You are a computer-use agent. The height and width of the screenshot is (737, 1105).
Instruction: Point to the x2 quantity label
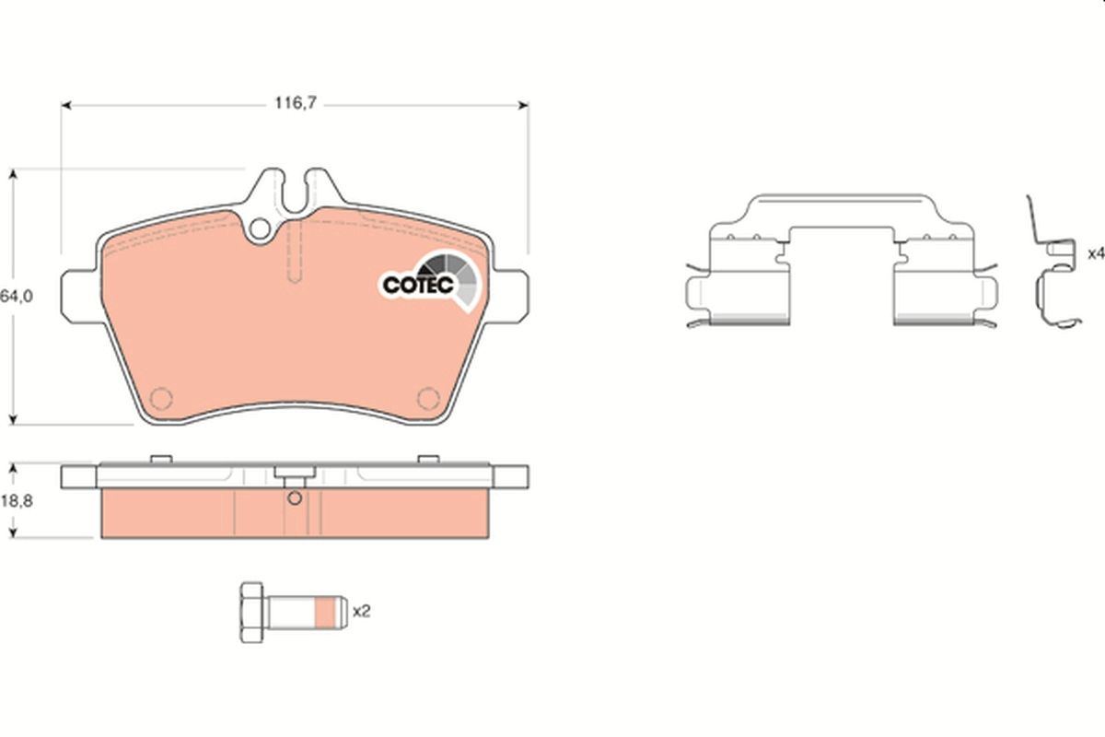[x=362, y=610]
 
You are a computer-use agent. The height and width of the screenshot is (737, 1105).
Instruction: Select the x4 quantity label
[x=1094, y=252]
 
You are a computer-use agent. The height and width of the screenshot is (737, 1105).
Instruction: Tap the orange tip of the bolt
[x=327, y=611]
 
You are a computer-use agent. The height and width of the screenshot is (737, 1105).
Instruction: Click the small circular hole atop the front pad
[x=261, y=227]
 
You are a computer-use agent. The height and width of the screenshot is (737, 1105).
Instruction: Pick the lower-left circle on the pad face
[x=161, y=398]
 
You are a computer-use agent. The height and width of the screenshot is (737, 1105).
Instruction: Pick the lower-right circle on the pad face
[x=427, y=398]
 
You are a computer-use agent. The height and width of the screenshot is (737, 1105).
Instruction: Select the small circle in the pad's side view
[x=294, y=499]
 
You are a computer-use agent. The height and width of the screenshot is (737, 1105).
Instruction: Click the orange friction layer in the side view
[x=184, y=513]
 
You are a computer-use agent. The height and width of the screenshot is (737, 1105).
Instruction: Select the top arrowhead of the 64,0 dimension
[x=14, y=174]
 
